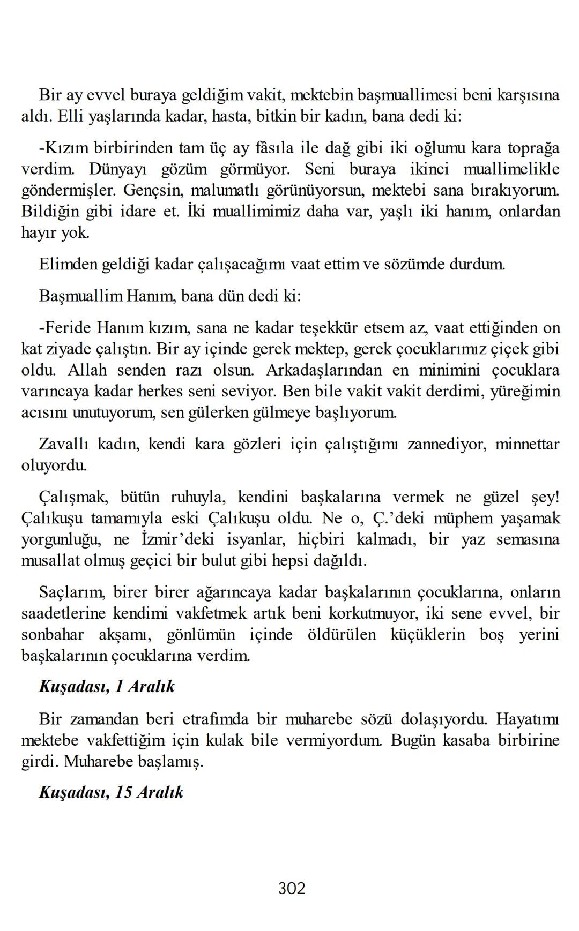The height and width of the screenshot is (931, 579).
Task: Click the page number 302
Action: coord(292,889)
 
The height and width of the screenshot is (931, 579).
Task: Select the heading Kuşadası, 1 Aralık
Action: coord(107,687)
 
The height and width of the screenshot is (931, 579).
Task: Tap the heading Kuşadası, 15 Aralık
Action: coord(111,792)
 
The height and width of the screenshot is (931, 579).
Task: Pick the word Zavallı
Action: coord(63,445)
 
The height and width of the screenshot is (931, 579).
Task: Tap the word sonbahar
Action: coord(53,635)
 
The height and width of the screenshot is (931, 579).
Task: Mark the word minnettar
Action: coord(527,445)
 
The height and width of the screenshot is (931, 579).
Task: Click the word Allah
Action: coord(87,370)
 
